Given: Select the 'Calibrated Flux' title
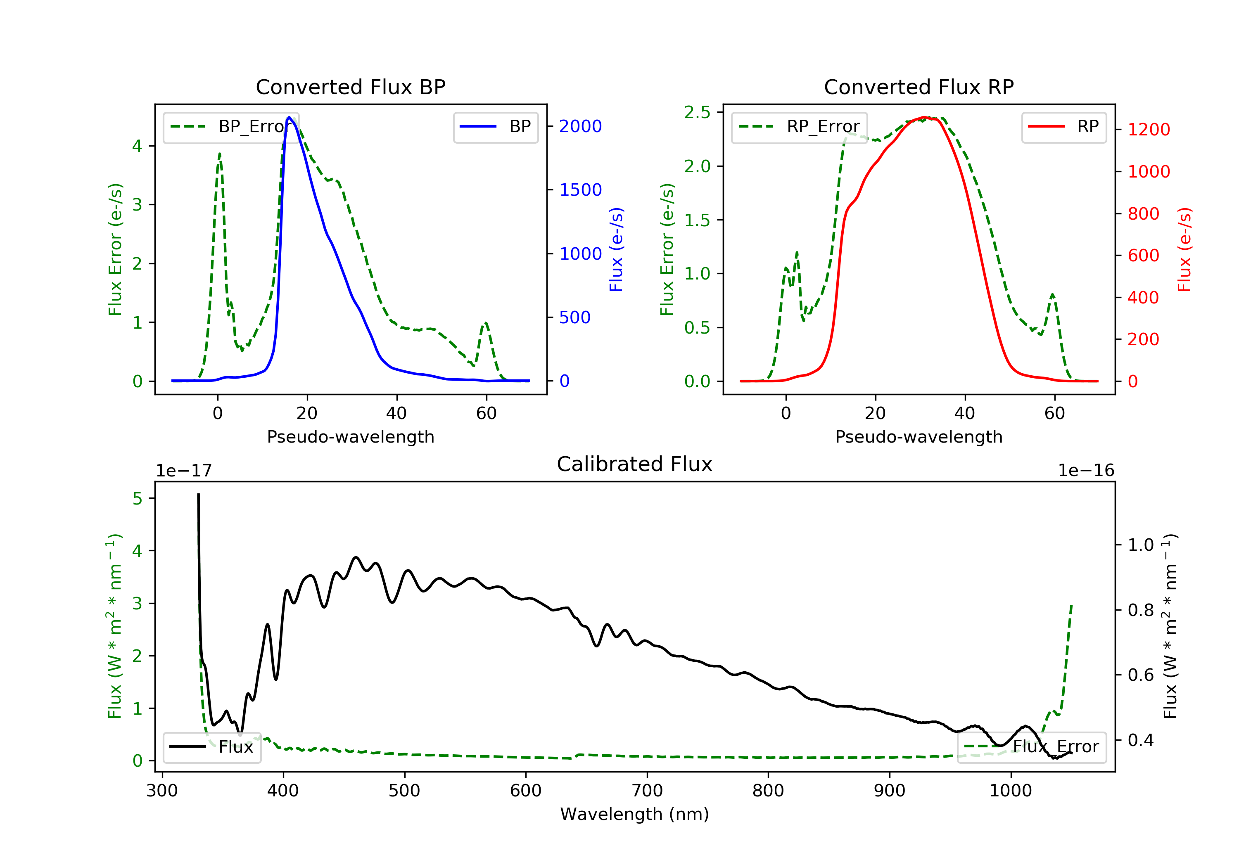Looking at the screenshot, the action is [635, 464].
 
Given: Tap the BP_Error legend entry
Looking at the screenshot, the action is [231, 127].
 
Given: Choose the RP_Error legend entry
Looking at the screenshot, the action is [799, 127].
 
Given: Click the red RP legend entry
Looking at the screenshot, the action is [1063, 127].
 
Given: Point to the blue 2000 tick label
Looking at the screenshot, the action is [580, 126].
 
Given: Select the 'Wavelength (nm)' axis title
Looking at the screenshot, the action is [635, 814].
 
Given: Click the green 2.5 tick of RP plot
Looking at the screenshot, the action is [697, 112].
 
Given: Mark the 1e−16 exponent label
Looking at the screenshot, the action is [1086, 471].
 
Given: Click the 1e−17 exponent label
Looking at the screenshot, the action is [184, 471].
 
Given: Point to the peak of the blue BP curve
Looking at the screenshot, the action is [289, 117].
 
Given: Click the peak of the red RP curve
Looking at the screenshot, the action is [924, 117].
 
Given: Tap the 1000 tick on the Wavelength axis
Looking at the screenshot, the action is [1010, 791].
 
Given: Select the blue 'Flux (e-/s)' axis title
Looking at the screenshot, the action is [616, 249].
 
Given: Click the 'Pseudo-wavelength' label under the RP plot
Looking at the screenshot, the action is [919, 436].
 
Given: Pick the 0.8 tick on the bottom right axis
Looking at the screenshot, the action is [1141, 610].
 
